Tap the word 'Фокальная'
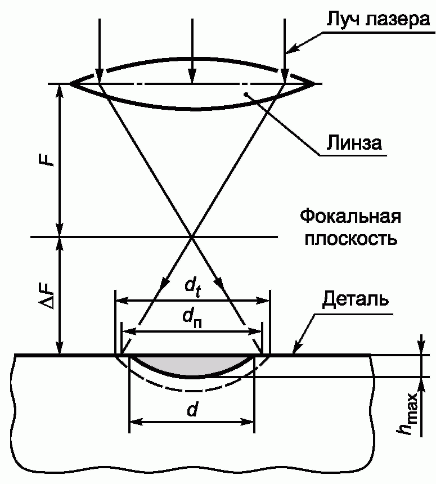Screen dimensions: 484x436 click(350, 218)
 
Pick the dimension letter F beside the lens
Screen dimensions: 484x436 click(50, 157)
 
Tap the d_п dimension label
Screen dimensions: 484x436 click(192, 318)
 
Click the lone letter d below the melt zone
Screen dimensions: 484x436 click(192, 411)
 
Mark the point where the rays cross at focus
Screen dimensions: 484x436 click(192, 236)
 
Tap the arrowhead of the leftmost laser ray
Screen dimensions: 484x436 click(99, 77)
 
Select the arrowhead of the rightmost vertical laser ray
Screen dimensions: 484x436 click(285, 77)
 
